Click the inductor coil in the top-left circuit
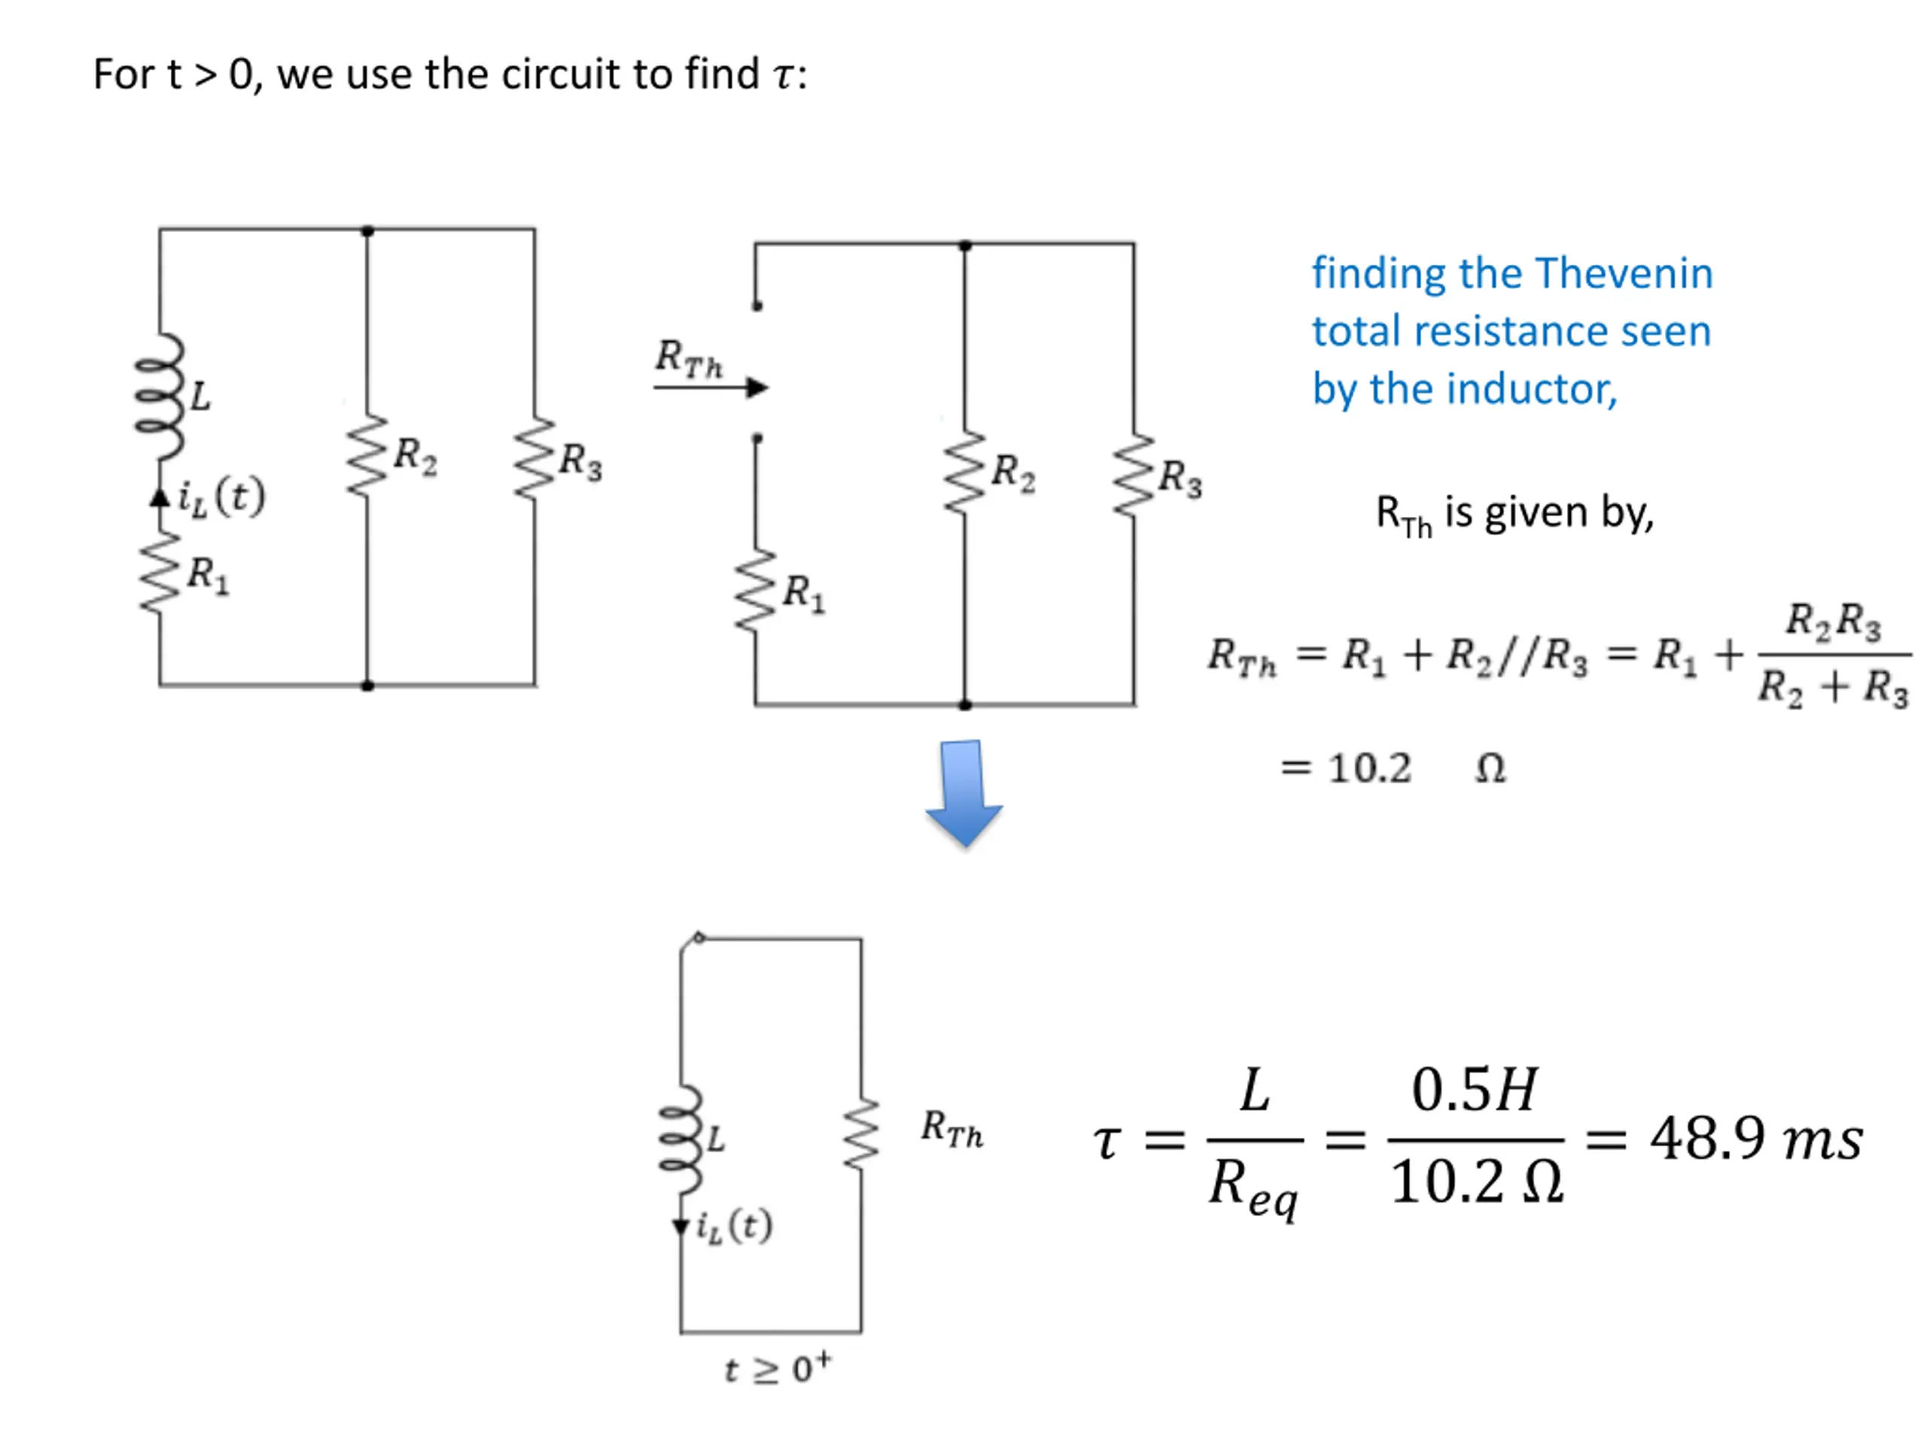coord(159,397)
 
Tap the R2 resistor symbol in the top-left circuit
coord(367,455)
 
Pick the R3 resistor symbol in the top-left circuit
coord(534,458)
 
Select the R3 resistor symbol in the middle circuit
coord(1134,476)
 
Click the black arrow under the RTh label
coord(711,388)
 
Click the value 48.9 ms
coord(1755,1139)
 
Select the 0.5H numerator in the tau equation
coord(1474,1090)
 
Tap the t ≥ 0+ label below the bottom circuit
coord(777,1368)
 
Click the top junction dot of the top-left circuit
coord(367,231)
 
